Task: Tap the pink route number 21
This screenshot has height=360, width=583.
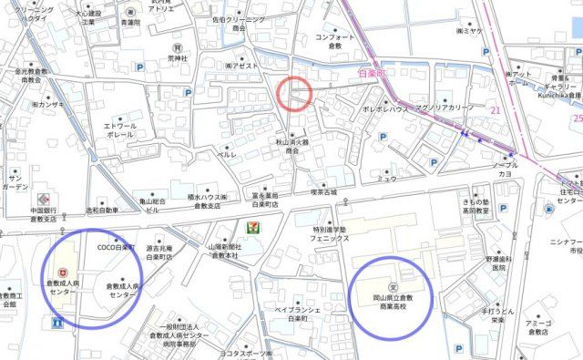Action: (x=496, y=110)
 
